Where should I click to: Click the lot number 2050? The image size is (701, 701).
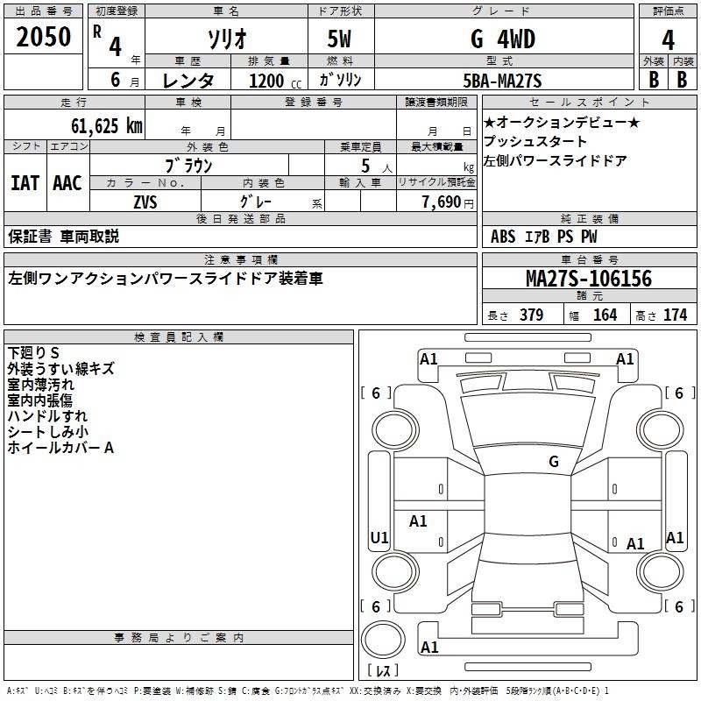[x=43, y=37]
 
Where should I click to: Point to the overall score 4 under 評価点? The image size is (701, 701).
[x=668, y=40]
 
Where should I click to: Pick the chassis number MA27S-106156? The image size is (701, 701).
[x=589, y=279]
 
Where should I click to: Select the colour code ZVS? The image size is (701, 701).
[x=145, y=202]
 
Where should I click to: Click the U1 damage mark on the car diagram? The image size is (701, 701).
[x=379, y=537]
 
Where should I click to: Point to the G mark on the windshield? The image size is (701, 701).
[x=553, y=461]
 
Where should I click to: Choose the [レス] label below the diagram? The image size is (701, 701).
[x=382, y=672]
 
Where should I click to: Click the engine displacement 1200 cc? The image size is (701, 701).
[x=267, y=81]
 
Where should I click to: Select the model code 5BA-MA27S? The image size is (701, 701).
[x=502, y=81]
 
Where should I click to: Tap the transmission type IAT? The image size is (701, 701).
[x=25, y=183]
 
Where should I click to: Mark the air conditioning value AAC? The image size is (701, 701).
[x=67, y=183]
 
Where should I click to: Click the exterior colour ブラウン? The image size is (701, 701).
[x=189, y=165]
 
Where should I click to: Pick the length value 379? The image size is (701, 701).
[x=531, y=315]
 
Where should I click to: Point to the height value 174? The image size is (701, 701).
[x=675, y=315]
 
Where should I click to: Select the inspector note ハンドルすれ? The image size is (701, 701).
[x=47, y=416]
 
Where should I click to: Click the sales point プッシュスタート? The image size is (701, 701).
[x=535, y=141]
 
